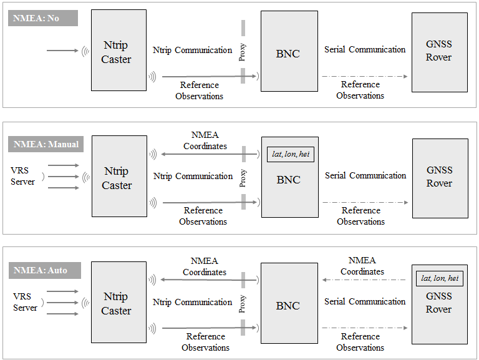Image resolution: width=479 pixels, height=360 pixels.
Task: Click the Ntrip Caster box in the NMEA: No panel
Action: point(119,51)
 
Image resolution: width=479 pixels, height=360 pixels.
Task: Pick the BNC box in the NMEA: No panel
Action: point(289,54)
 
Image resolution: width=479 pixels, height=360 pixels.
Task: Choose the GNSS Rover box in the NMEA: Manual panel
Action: point(440,178)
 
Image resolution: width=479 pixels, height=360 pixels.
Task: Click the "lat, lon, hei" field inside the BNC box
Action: point(288,153)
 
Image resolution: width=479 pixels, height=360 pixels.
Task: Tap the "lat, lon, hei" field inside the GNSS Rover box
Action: point(439,278)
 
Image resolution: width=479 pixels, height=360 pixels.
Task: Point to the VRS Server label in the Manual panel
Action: point(23,175)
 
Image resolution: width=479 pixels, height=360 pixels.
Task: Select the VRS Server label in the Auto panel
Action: point(25,301)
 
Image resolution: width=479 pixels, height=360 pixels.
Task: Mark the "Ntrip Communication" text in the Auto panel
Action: point(192,302)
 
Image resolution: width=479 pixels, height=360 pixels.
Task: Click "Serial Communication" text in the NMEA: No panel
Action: point(365,49)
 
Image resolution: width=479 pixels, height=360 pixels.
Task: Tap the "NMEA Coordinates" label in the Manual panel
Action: point(205,140)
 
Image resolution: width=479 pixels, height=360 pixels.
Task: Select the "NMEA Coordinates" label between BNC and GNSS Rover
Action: point(362,266)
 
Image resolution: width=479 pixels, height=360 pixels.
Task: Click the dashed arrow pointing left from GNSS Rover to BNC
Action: point(365,280)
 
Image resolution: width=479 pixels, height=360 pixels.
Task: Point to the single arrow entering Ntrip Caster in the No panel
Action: point(62,51)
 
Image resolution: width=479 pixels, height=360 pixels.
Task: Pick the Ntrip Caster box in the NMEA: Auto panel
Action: point(119,303)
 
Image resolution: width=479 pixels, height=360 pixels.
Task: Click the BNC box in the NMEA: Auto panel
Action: point(289,306)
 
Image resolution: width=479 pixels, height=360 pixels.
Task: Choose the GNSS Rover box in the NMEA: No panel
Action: point(439,51)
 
